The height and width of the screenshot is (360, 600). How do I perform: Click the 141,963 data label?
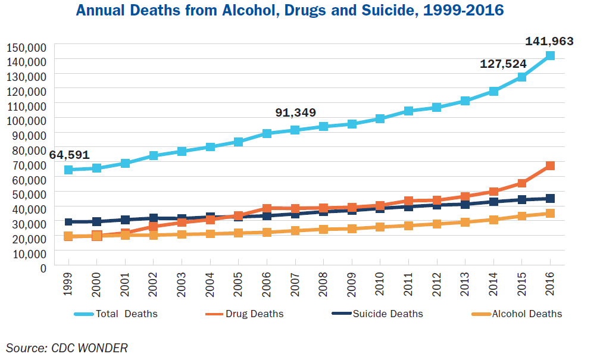tap(549, 42)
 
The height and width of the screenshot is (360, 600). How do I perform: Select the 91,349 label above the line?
tap(295, 112)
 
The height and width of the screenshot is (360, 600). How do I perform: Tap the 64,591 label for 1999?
tap(69, 155)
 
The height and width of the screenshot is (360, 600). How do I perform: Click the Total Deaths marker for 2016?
tap(550, 56)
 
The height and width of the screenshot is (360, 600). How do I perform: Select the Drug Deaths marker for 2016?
tap(550, 165)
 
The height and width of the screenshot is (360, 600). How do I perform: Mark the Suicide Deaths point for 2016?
tap(550, 198)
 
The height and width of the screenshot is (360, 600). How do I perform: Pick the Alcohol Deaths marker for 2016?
tap(550, 214)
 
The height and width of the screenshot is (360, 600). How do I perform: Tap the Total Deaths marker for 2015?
tap(521, 77)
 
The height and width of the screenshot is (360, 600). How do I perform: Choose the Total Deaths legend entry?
tap(115, 314)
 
